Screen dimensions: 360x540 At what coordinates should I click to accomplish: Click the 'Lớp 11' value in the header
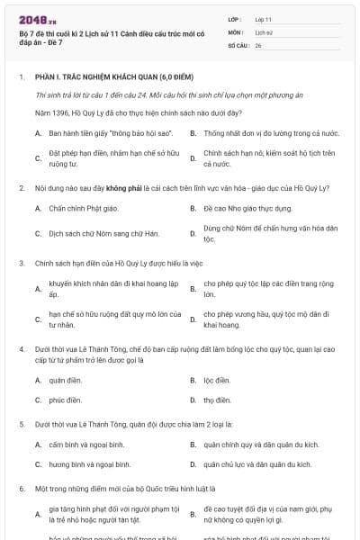pyautogui.click(x=264, y=19)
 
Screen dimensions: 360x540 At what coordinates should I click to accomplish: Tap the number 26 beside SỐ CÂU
pyautogui.click(x=258, y=44)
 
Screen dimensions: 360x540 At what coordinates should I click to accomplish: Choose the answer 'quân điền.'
pyautogui.click(x=66, y=380)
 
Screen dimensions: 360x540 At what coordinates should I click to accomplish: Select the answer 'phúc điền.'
pyautogui.click(x=66, y=400)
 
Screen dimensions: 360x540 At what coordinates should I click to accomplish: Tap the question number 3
pyautogui.click(x=21, y=264)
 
